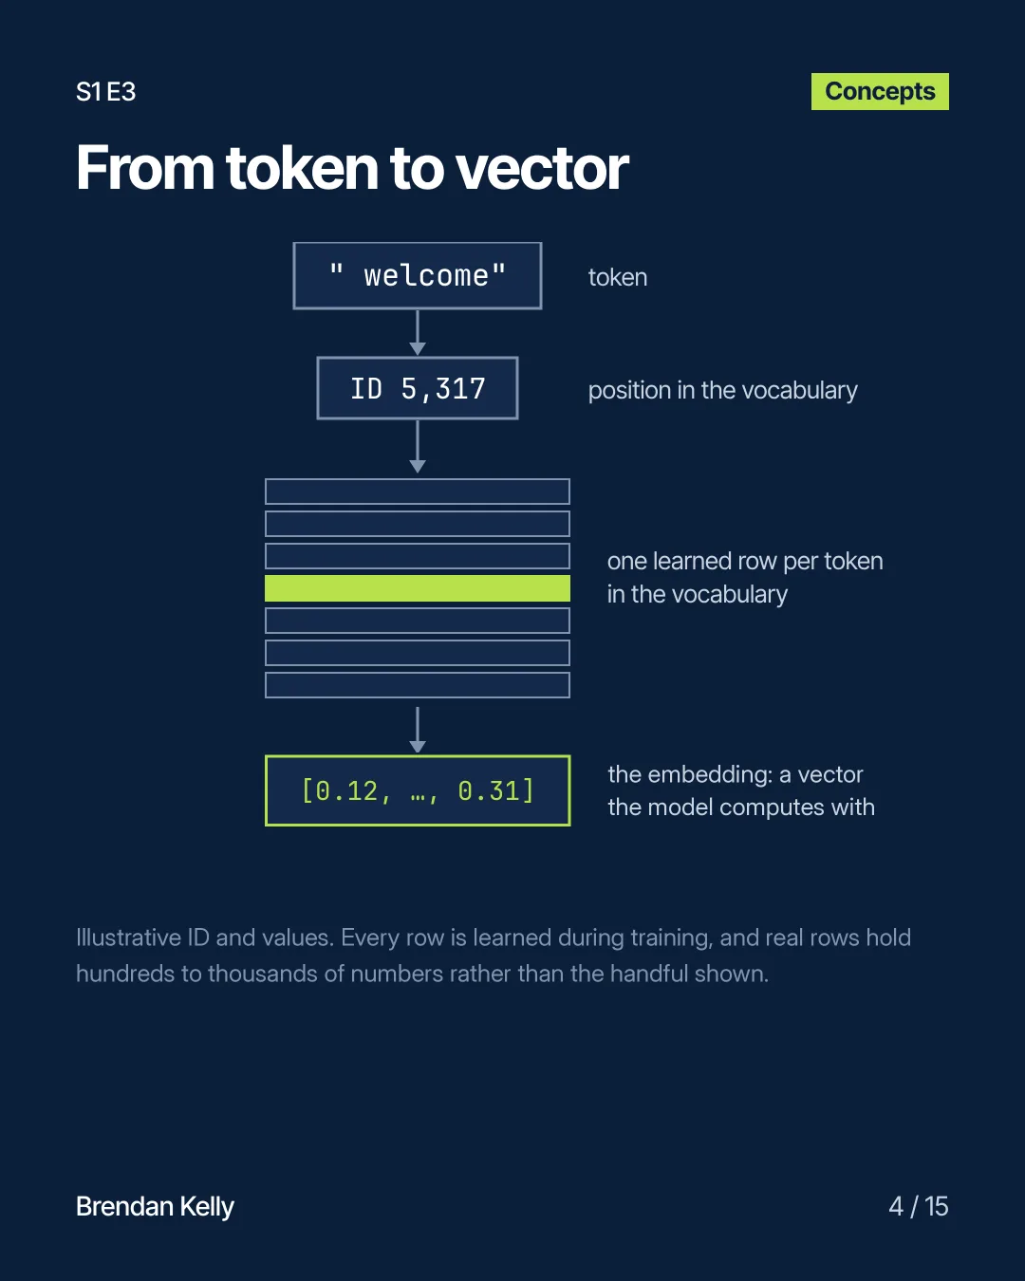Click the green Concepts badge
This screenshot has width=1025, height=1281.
point(880,92)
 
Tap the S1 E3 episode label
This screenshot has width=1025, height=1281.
point(106,92)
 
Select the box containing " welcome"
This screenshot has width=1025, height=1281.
point(418,275)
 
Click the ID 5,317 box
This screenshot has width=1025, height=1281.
point(418,388)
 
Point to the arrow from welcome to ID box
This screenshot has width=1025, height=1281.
point(418,333)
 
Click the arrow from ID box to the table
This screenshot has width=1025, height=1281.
point(418,447)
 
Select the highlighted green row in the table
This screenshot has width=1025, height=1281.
point(418,588)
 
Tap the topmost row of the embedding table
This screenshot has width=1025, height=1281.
point(418,492)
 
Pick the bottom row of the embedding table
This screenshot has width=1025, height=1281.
point(418,685)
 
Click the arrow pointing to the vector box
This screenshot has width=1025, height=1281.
point(418,730)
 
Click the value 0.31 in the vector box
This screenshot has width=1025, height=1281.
point(489,791)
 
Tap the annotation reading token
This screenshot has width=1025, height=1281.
point(618,277)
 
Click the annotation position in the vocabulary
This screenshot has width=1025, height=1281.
point(722,391)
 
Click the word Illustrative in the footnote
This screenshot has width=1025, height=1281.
point(129,938)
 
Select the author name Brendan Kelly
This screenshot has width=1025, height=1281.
point(155,1207)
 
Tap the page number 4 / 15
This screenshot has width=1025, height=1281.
point(919,1207)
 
